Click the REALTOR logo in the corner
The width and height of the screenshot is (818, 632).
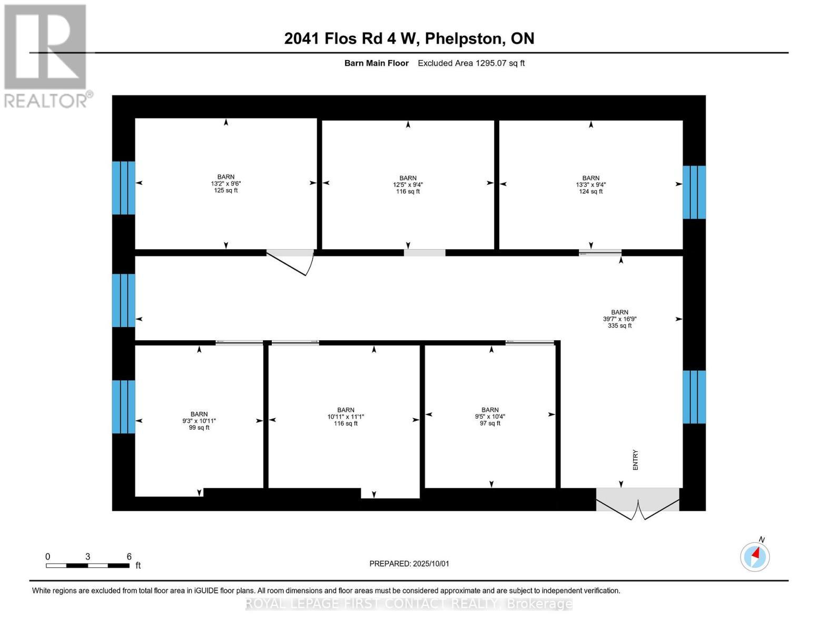click(x=46, y=55)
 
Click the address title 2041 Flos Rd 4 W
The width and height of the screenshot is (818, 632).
click(x=409, y=38)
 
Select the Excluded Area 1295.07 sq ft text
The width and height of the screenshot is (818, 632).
click(x=471, y=63)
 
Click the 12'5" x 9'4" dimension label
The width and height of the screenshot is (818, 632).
click(x=408, y=185)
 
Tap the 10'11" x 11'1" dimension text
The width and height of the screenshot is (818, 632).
click(x=346, y=417)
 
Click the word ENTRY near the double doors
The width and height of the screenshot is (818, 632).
click(x=635, y=460)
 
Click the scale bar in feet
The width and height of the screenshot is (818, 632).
click(x=87, y=565)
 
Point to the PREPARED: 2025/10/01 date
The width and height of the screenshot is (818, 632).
click(x=409, y=564)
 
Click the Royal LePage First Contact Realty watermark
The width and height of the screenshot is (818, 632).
click(x=409, y=604)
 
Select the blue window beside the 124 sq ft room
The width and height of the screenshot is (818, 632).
click(x=694, y=192)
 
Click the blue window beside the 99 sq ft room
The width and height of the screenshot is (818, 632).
click(x=123, y=407)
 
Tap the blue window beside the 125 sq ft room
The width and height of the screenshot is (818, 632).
click(x=123, y=187)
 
